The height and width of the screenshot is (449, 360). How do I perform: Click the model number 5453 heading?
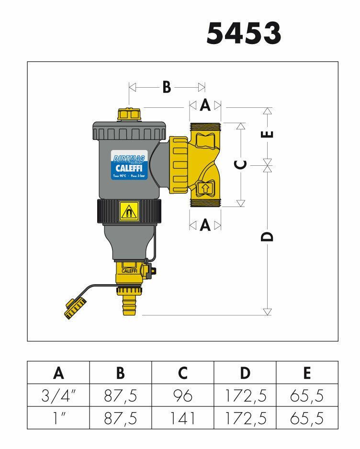[x=243, y=33]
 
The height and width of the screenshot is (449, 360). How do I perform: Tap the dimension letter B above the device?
[x=166, y=88]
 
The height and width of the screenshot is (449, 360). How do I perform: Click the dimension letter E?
[x=269, y=134]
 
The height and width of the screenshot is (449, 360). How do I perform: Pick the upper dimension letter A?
[x=205, y=105]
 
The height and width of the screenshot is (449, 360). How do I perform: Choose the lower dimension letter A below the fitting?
[x=205, y=225]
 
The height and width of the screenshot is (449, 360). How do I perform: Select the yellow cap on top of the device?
[x=129, y=115]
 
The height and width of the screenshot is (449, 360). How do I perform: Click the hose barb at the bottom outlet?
[x=129, y=306]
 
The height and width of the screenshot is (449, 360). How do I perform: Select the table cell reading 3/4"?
[x=58, y=395]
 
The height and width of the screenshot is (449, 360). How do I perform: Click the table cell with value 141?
[x=182, y=418]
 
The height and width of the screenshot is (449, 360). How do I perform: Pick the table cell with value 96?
[x=182, y=395]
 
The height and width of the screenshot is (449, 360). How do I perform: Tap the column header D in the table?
[x=245, y=372]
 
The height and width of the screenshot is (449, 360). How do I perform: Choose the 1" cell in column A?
[x=58, y=418]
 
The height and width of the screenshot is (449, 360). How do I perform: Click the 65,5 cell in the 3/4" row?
[x=307, y=395]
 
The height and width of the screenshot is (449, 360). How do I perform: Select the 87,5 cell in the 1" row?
[x=120, y=418]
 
